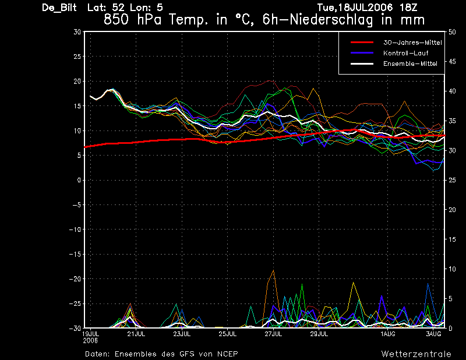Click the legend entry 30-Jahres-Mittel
point(412,43)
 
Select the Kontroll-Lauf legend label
point(405,53)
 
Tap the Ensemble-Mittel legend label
point(410,63)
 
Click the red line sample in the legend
point(362,43)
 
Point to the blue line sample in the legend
point(362,53)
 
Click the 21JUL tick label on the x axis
point(136,334)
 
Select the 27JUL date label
point(273,334)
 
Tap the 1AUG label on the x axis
point(388,334)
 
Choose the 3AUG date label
point(433,334)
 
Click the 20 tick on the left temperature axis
point(77,81)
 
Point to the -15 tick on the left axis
point(75,254)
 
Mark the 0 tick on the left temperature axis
point(79,180)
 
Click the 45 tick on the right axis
point(452,62)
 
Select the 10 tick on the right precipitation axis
point(452,269)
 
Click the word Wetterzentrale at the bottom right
point(416,354)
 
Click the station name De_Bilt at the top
point(59,8)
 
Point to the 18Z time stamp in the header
point(409,8)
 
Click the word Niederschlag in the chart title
point(331,20)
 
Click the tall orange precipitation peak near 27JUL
point(273,270)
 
